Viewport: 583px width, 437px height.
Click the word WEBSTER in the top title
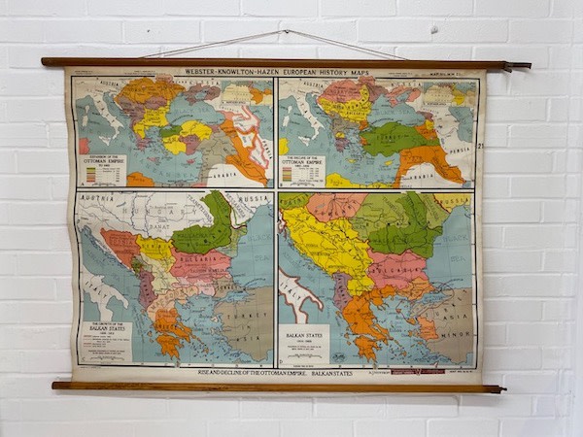click(x=204, y=72)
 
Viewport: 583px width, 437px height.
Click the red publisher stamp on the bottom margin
click(x=417, y=371)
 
